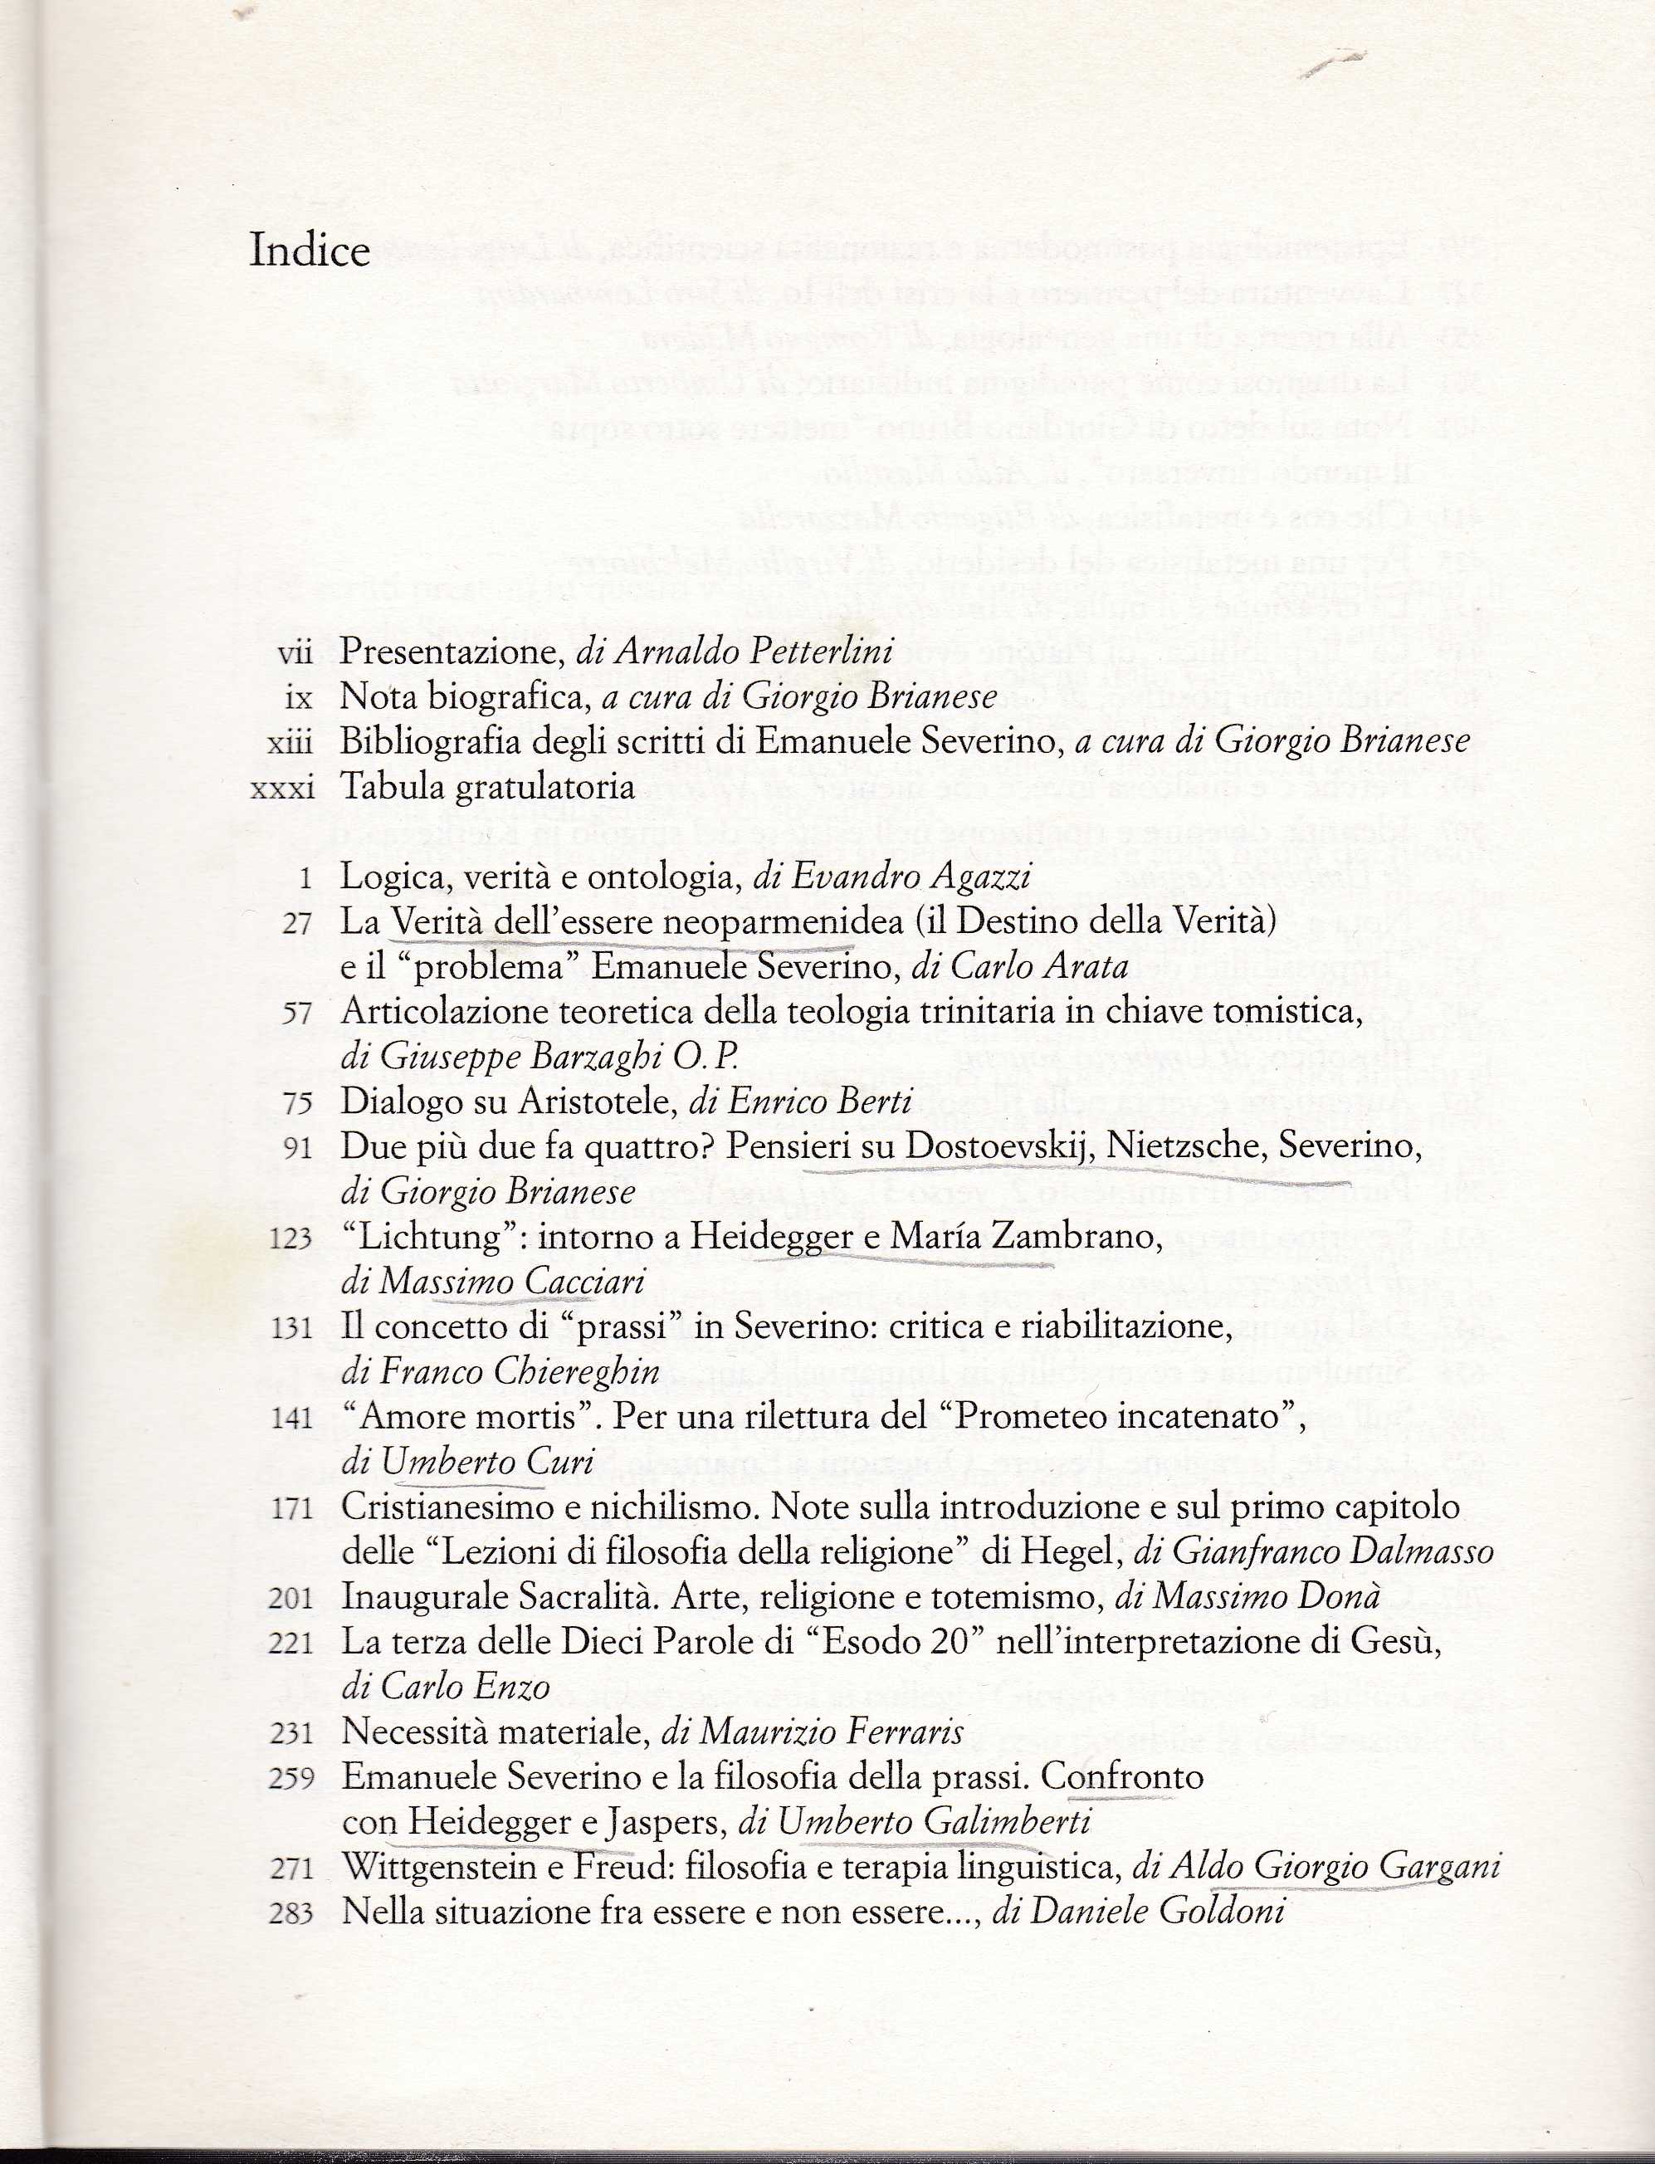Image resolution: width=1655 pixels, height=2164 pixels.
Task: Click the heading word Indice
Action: (x=310, y=252)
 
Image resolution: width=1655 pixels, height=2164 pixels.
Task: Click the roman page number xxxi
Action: (x=283, y=787)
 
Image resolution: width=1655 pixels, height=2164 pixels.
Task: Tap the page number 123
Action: (x=290, y=1238)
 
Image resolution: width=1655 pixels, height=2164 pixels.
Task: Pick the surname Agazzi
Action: (x=969, y=876)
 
